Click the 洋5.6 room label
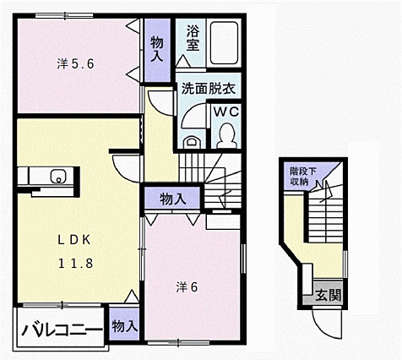pyautogui.click(x=74, y=63)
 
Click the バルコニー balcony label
pyautogui.click(x=62, y=330)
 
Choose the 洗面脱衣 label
pyautogui.click(x=208, y=88)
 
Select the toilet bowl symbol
pyautogui.click(x=226, y=134)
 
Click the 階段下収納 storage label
pyautogui.click(x=298, y=174)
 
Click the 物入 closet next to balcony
pyautogui.click(x=123, y=326)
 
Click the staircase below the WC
pyautogui.click(x=222, y=172)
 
